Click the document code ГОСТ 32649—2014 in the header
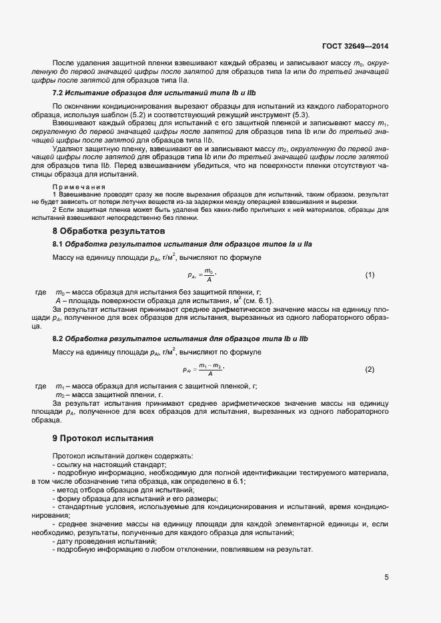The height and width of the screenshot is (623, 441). [356, 47]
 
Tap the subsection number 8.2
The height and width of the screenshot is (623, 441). [58, 339]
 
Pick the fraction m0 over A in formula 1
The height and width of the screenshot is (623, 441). [209, 275]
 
